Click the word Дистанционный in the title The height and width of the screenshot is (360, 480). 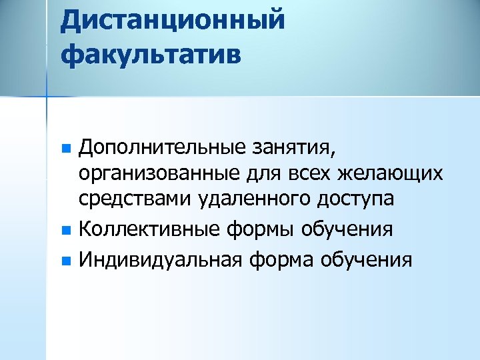click(173, 19)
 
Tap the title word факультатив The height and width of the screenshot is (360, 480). click(151, 53)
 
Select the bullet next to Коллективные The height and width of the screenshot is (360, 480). click(65, 229)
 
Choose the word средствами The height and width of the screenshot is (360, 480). click(137, 200)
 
